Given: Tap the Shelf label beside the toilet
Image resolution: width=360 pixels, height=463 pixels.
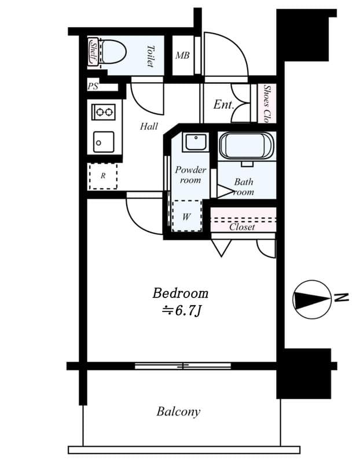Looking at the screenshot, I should click(x=93, y=52).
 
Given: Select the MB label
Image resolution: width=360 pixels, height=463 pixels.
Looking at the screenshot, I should click(x=182, y=56).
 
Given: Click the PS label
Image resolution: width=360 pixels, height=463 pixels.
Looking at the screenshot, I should click(x=93, y=87).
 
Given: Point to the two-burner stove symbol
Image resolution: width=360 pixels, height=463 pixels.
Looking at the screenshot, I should click(x=104, y=112).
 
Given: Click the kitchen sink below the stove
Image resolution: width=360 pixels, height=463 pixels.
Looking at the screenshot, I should click(x=104, y=141).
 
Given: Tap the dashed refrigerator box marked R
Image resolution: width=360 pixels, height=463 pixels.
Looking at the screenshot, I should click(x=103, y=176).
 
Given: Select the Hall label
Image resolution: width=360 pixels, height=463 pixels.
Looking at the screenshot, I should click(x=149, y=126).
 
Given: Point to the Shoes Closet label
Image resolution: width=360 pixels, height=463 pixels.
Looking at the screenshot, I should click(x=267, y=104).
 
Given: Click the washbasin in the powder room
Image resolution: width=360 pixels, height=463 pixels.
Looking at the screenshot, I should click(x=195, y=142).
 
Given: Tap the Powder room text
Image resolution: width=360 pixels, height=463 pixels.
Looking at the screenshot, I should click(x=190, y=175).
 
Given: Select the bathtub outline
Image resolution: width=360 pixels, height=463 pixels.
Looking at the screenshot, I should click(x=246, y=146).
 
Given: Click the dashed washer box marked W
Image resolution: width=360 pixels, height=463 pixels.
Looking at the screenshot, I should click(x=186, y=216).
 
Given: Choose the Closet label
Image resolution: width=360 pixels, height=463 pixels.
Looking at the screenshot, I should click(x=242, y=227).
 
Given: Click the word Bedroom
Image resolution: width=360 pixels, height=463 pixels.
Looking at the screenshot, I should click(x=180, y=293).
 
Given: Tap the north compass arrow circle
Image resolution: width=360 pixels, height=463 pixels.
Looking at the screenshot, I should click(x=311, y=299).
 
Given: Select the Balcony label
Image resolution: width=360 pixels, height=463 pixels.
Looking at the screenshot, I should click(x=178, y=411).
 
